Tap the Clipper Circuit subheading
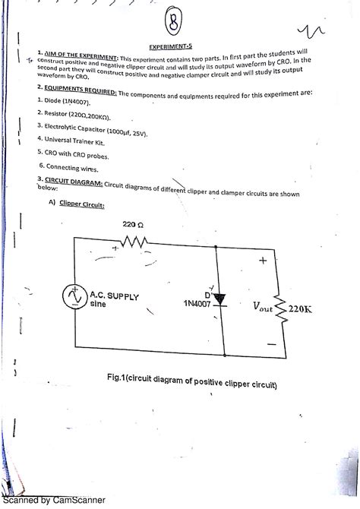click(x=81, y=205)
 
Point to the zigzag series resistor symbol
click(x=135, y=243)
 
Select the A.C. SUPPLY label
click(x=114, y=297)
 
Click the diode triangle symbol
click(x=221, y=299)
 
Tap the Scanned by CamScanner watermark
click(x=52, y=501)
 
